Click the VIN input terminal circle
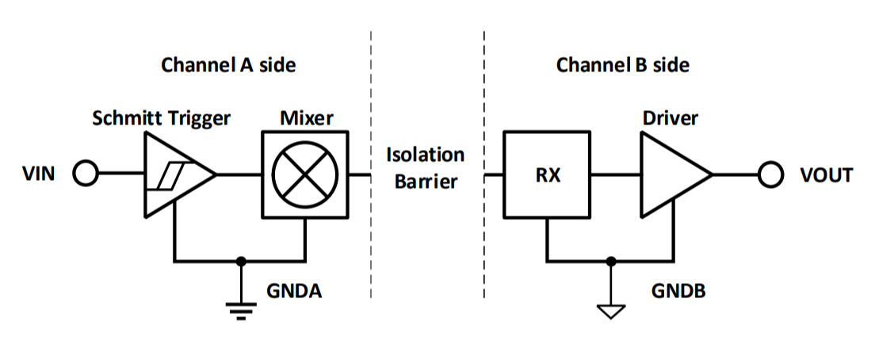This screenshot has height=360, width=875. click(x=85, y=174)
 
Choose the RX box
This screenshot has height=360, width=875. click(x=548, y=174)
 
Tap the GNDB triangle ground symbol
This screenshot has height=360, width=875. click(x=609, y=310)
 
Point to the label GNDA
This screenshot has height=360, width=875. click(x=293, y=291)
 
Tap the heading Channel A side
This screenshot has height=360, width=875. click(x=228, y=65)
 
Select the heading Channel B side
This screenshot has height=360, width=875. click(x=622, y=65)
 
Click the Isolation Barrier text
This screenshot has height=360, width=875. click(x=425, y=167)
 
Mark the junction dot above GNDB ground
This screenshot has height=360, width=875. click(x=609, y=260)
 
